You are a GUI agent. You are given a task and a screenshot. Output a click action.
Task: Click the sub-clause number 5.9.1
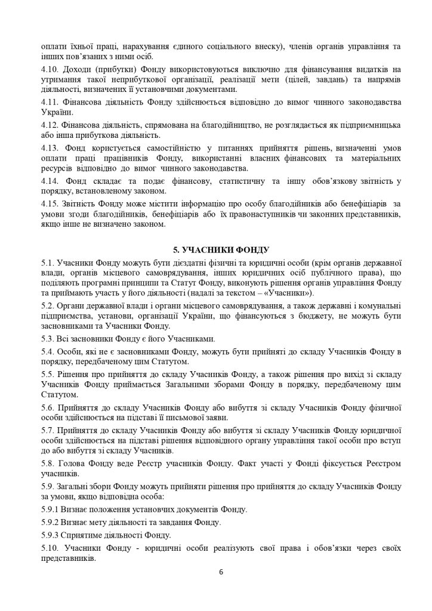click(x=51, y=509)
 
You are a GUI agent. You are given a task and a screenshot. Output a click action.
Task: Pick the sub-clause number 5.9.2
click(x=51, y=522)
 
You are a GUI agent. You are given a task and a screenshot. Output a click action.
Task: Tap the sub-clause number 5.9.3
click(x=51, y=535)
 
